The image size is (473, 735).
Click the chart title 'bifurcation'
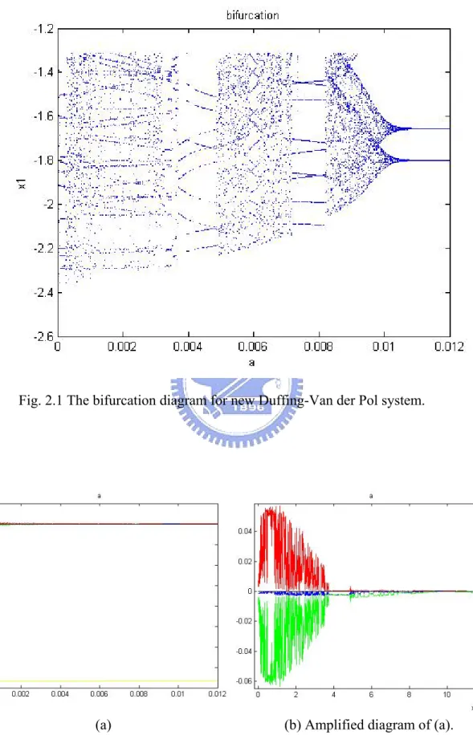click(x=252, y=15)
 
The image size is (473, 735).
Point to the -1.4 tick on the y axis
click(x=43, y=71)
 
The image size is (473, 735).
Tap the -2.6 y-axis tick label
click(x=43, y=336)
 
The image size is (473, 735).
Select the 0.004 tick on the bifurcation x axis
click(x=188, y=347)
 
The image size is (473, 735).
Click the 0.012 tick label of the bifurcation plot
click(x=449, y=347)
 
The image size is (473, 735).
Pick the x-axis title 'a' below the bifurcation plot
click(x=252, y=363)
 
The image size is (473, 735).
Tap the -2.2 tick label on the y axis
click(x=43, y=248)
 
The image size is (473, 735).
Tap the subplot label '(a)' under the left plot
click(x=104, y=725)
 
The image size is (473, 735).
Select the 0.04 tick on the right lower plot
click(x=246, y=531)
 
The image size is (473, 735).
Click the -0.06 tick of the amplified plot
click(x=244, y=680)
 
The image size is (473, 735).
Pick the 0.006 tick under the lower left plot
click(x=99, y=694)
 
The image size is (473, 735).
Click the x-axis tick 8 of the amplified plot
click(x=410, y=694)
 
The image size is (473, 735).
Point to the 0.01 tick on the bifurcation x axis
click(x=384, y=347)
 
